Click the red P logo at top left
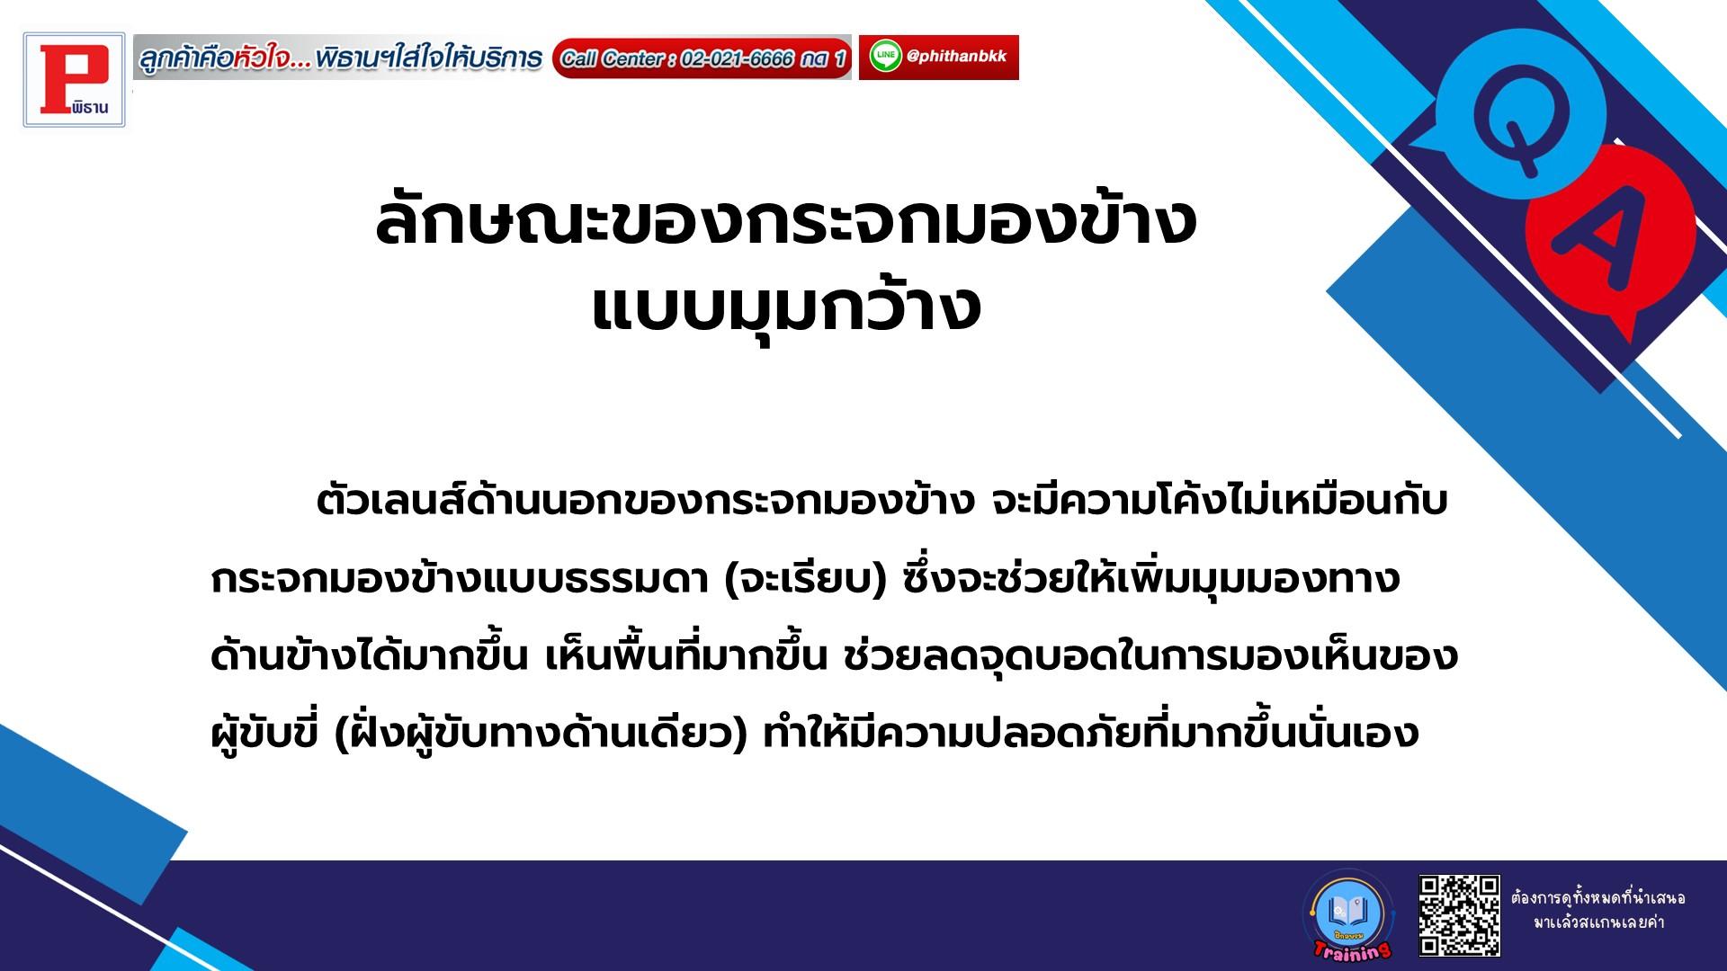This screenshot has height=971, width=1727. click(75, 80)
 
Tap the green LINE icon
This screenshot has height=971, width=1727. click(885, 58)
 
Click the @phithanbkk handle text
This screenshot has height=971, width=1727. click(957, 57)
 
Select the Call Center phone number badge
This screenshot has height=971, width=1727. click(702, 58)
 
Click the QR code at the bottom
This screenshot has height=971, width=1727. click(1459, 914)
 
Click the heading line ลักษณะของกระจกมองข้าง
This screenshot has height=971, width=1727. click(785, 221)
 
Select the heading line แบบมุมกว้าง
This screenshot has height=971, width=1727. click(785, 309)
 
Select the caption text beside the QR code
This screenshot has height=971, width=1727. click(1598, 910)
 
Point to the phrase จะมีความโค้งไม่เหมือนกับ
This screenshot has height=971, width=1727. click(1219, 502)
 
